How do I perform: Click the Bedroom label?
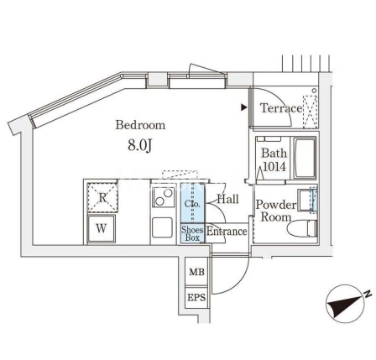(x=140, y=125)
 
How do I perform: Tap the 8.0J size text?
(x=139, y=145)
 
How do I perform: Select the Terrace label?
(x=281, y=108)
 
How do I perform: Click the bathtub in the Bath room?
(x=305, y=158)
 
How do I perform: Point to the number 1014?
(x=274, y=167)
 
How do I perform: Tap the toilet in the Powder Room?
(x=302, y=228)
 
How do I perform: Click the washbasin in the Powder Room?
(x=307, y=200)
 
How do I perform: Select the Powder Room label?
(x=276, y=211)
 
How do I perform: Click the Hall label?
(x=228, y=199)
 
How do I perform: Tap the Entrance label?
(x=227, y=232)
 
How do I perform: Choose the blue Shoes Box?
(x=192, y=233)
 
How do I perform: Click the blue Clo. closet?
(x=192, y=203)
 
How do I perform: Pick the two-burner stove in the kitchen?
(x=164, y=197)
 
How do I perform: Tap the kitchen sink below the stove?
(x=162, y=227)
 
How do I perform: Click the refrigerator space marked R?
(x=102, y=197)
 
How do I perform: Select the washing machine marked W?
(x=102, y=229)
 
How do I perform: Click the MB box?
(x=196, y=272)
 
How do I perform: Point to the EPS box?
(x=196, y=298)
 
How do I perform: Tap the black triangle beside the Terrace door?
(x=244, y=107)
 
